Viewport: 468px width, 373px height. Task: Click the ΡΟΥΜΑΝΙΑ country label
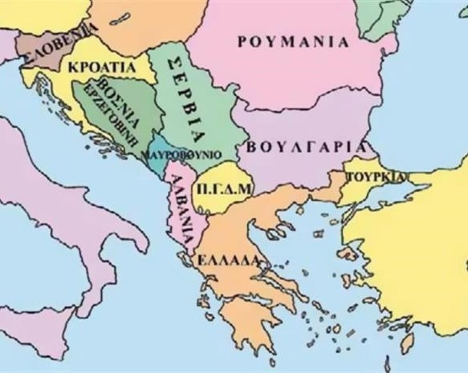pos(293,42)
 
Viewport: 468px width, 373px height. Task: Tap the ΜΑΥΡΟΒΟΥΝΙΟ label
pos(181,154)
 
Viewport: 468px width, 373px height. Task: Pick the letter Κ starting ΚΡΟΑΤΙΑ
pos(72,68)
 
